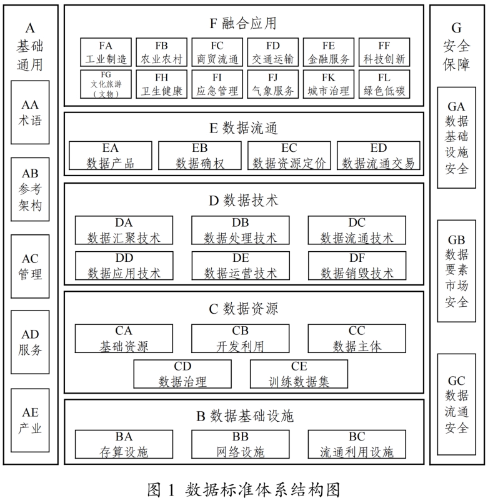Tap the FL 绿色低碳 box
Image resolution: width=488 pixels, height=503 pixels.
384,84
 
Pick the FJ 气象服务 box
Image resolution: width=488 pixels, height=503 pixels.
273,84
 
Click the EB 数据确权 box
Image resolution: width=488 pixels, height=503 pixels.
200,156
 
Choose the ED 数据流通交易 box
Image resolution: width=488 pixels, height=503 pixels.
379,156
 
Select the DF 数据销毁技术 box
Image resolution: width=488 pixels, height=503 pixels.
357,266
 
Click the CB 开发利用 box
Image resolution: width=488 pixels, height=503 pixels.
241,338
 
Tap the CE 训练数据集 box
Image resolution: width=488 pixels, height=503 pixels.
299,374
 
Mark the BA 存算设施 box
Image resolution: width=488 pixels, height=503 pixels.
124,444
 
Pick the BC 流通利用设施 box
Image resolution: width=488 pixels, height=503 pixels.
357,444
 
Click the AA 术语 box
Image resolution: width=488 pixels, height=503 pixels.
31,113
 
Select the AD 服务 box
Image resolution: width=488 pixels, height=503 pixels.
31,342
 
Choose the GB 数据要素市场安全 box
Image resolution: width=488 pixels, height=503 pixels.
457,271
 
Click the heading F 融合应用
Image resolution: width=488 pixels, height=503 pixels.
243,24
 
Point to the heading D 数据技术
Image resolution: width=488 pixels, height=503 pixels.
243,201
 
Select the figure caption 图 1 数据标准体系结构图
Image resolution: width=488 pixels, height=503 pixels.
244,489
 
